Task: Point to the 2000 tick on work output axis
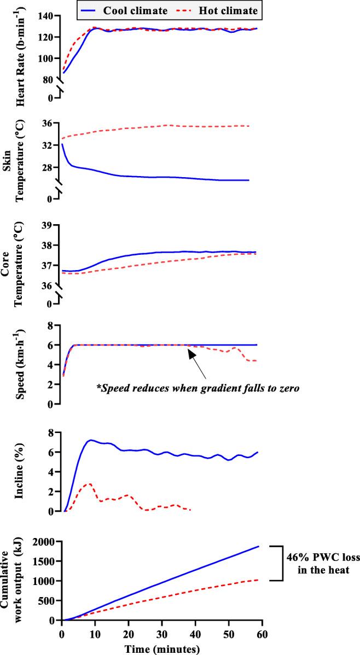[x=47, y=542]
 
